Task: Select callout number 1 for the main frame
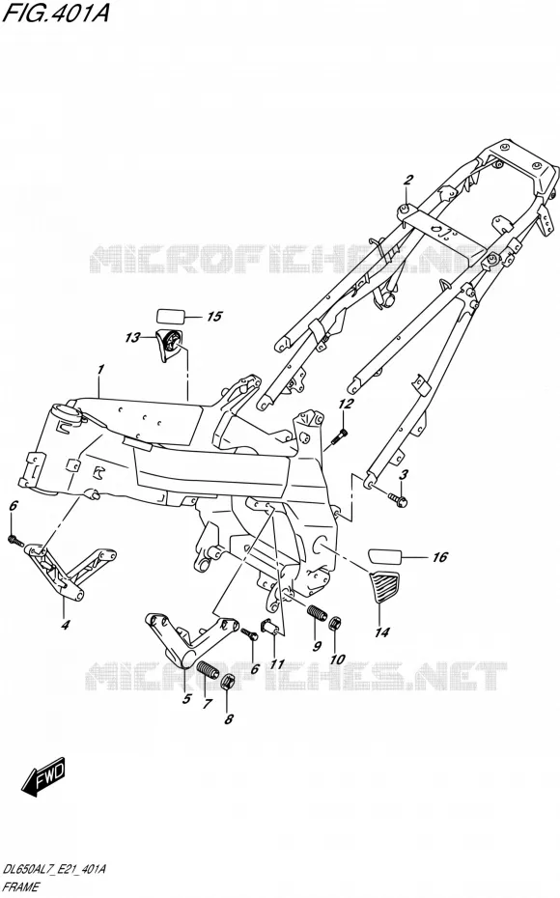(x=100, y=370)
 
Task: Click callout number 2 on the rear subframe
(x=407, y=181)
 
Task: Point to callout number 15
(x=213, y=316)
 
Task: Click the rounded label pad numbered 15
(x=171, y=316)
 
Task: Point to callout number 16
(x=439, y=557)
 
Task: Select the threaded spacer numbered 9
(x=318, y=612)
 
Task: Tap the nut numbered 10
(x=337, y=623)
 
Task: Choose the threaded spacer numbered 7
(x=209, y=669)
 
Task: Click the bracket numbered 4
(x=68, y=573)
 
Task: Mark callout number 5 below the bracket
(x=186, y=699)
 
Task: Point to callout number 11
(x=277, y=664)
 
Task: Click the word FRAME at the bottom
(x=20, y=886)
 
